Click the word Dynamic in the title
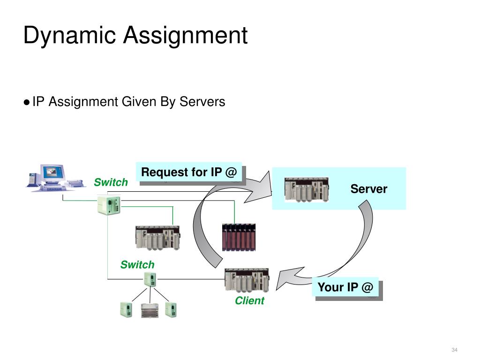tap(69, 36)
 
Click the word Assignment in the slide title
tap(185, 36)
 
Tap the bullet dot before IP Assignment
tap(27, 102)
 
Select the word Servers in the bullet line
tap(202, 101)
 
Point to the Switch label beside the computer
tap(111, 182)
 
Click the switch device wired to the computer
tap(109, 205)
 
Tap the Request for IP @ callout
tap(189, 172)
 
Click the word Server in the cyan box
tap(369, 189)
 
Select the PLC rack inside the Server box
tap(307, 189)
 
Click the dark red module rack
tap(239, 237)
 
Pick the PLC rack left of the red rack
tap(157, 238)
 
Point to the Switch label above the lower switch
tap(137, 264)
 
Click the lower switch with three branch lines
tap(150, 279)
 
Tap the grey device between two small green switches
tap(150, 310)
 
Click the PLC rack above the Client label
tap(247, 280)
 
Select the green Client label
tap(249, 300)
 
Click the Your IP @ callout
tap(345, 287)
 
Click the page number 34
tap(454, 350)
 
